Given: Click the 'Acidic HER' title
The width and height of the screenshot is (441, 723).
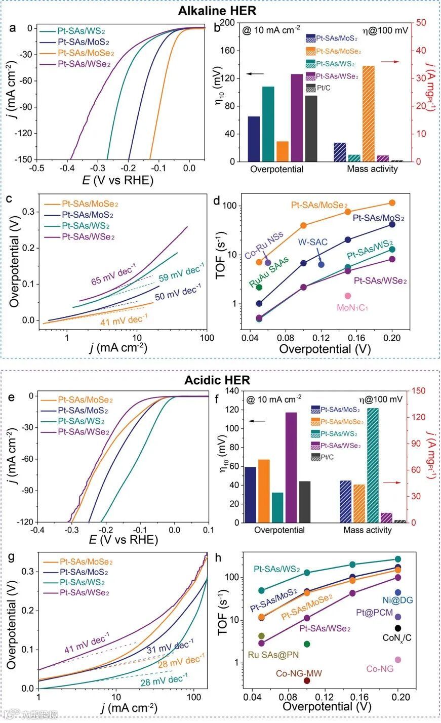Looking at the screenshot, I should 221,380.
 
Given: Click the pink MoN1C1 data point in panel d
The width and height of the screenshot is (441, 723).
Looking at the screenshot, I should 348,296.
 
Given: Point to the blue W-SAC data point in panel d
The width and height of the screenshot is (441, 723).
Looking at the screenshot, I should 321,264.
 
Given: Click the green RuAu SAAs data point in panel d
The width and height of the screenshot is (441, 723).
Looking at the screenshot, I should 259,287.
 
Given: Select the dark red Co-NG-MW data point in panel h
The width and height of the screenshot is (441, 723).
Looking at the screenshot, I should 307,680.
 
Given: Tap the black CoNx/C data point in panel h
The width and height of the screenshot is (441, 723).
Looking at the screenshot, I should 398,628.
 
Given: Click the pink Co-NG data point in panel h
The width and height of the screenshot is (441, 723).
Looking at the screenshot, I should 398,659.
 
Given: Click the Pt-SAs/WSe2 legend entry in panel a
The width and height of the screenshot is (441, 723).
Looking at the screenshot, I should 84,64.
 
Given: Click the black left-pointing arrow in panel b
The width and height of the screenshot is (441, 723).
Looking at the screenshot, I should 255,74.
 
